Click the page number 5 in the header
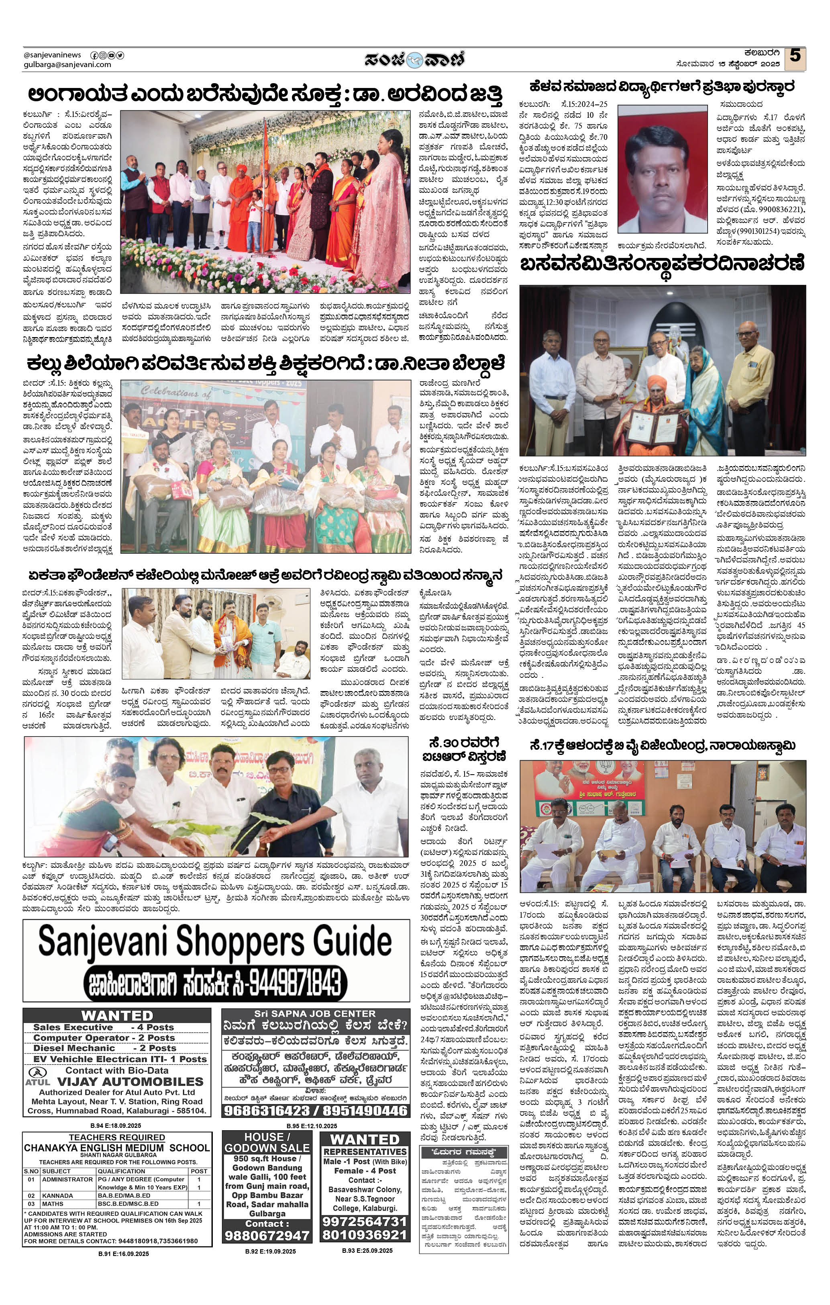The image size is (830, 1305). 795,56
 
